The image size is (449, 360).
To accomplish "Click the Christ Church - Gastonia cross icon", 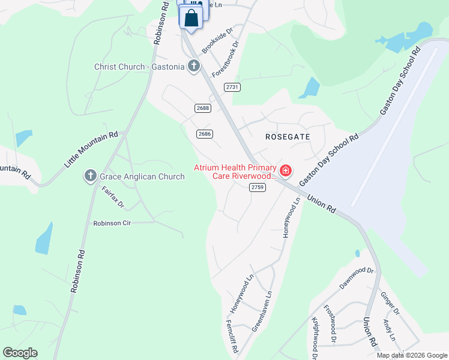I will [193, 67].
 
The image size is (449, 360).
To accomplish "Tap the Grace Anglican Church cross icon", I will [90, 176].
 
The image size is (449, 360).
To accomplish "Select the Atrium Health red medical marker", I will [286, 172].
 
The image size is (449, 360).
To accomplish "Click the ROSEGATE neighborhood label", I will [288, 137].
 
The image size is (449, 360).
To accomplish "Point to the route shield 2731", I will [232, 87].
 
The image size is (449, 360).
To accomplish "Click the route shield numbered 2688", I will [203, 108].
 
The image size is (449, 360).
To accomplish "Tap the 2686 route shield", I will [205, 134].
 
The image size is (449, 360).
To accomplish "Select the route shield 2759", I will [258, 187].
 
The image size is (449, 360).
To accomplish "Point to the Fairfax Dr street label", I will [112, 197].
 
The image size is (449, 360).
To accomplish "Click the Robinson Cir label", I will [112, 223].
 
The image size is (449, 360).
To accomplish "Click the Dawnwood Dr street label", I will [357, 278].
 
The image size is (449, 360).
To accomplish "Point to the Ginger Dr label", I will [390, 303].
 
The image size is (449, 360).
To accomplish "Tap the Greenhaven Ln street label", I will [264, 311].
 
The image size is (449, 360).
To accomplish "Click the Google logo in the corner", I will [20, 353].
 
